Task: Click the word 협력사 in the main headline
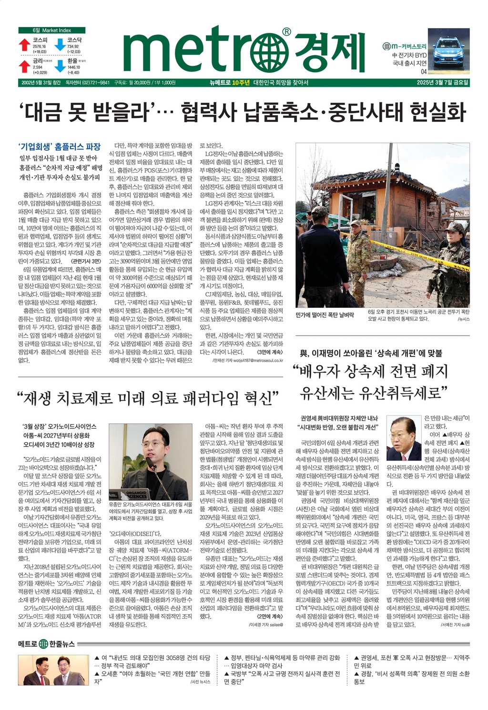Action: (208, 113)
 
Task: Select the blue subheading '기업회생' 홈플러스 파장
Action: (60, 147)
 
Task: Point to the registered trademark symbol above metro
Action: (286, 32)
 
